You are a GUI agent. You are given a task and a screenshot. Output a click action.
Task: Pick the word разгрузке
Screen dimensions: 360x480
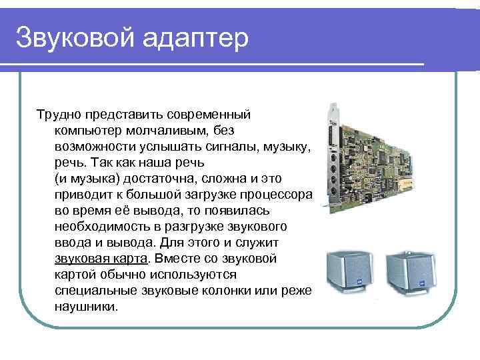coord(199,227)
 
